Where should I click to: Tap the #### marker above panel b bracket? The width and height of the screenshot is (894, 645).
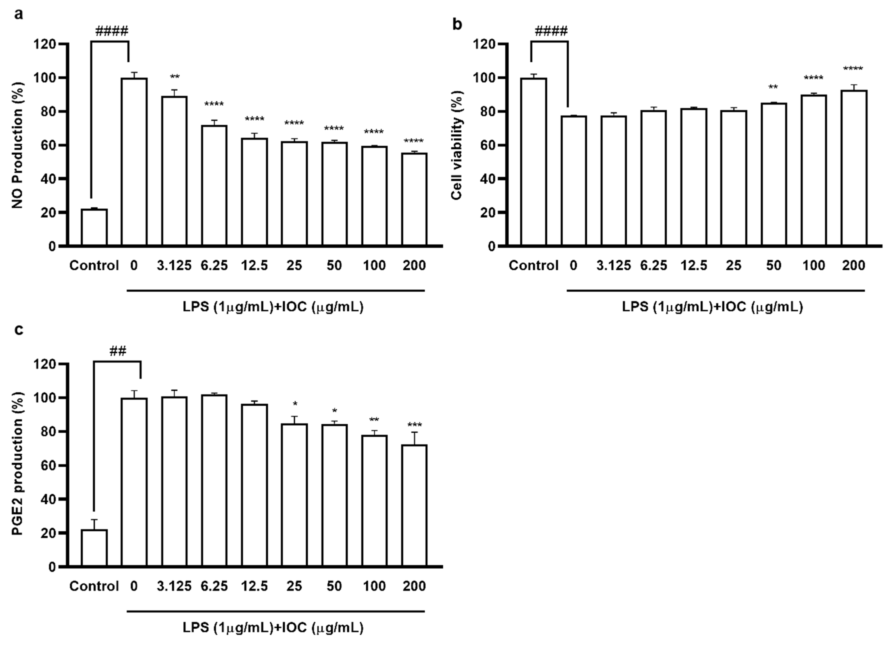tap(551, 31)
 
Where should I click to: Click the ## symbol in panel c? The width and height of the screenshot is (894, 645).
tap(117, 351)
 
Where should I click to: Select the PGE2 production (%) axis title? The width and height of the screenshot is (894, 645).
tap(17, 464)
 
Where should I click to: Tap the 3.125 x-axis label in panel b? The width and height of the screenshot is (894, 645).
tap(613, 265)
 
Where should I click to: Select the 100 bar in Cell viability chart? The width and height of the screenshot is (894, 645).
tap(814, 170)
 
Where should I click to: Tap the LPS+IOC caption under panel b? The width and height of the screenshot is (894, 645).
tap(712, 306)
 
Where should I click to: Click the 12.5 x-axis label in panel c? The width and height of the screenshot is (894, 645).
tap(254, 586)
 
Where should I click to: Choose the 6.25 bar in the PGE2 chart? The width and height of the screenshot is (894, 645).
tap(214, 481)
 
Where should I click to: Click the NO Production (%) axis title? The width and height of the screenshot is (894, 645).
tap(17, 145)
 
